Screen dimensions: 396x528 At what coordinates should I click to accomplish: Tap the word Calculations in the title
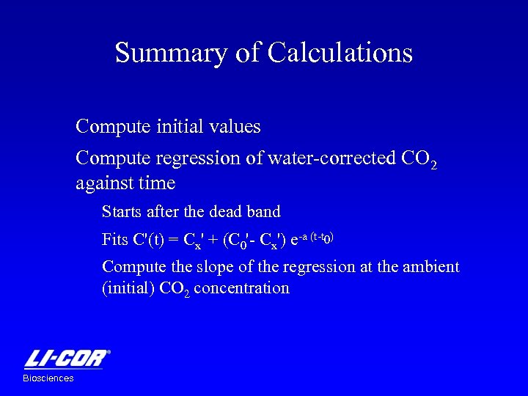click(x=340, y=54)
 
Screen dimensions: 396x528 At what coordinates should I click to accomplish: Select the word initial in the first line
click(x=179, y=127)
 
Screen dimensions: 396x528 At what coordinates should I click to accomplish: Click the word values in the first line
click(x=234, y=127)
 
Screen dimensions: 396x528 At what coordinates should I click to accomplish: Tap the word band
click(x=264, y=212)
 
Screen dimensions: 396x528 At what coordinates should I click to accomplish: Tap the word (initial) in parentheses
click(x=128, y=287)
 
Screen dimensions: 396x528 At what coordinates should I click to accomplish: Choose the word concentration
click(x=244, y=287)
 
